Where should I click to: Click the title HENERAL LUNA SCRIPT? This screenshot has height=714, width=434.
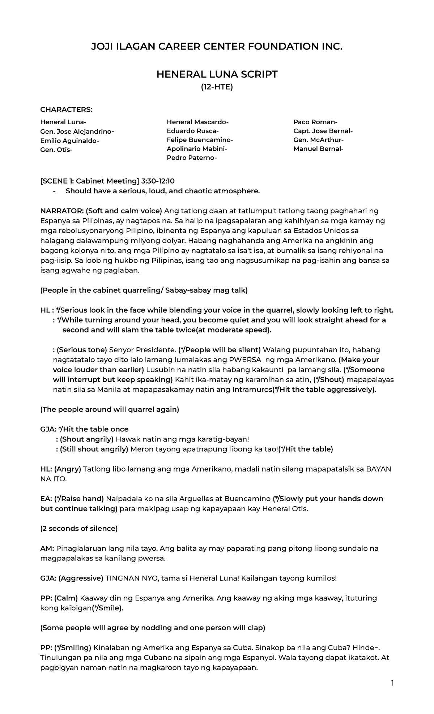point(217,74)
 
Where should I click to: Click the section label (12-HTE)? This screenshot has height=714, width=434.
point(217,87)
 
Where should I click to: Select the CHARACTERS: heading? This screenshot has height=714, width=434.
point(66,109)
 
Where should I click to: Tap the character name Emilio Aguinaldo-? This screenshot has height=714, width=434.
point(69,141)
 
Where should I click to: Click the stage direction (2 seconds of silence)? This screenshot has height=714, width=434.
point(79,529)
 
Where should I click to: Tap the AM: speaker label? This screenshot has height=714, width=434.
point(47,549)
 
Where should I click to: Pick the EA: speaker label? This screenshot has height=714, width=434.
point(46,499)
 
